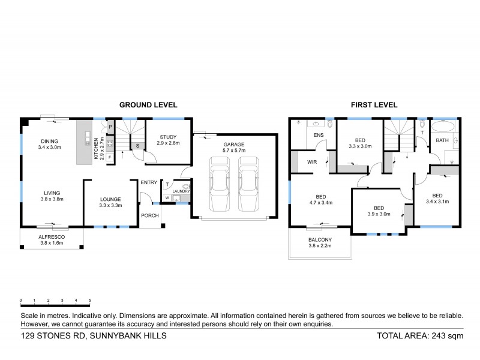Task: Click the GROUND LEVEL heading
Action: (x=148, y=104)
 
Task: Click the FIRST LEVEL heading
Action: (x=374, y=104)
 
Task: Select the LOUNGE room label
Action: (x=111, y=200)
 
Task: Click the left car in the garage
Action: (x=219, y=184)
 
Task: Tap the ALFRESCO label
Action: (x=52, y=238)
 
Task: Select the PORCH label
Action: (x=149, y=215)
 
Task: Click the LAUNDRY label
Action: (x=181, y=191)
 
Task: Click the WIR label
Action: (x=312, y=161)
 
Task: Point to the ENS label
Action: (x=319, y=136)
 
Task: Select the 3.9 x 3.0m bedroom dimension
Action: (x=378, y=214)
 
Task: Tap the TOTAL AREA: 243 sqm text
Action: (x=419, y=336)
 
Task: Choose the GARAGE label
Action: (x=234, y=145)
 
